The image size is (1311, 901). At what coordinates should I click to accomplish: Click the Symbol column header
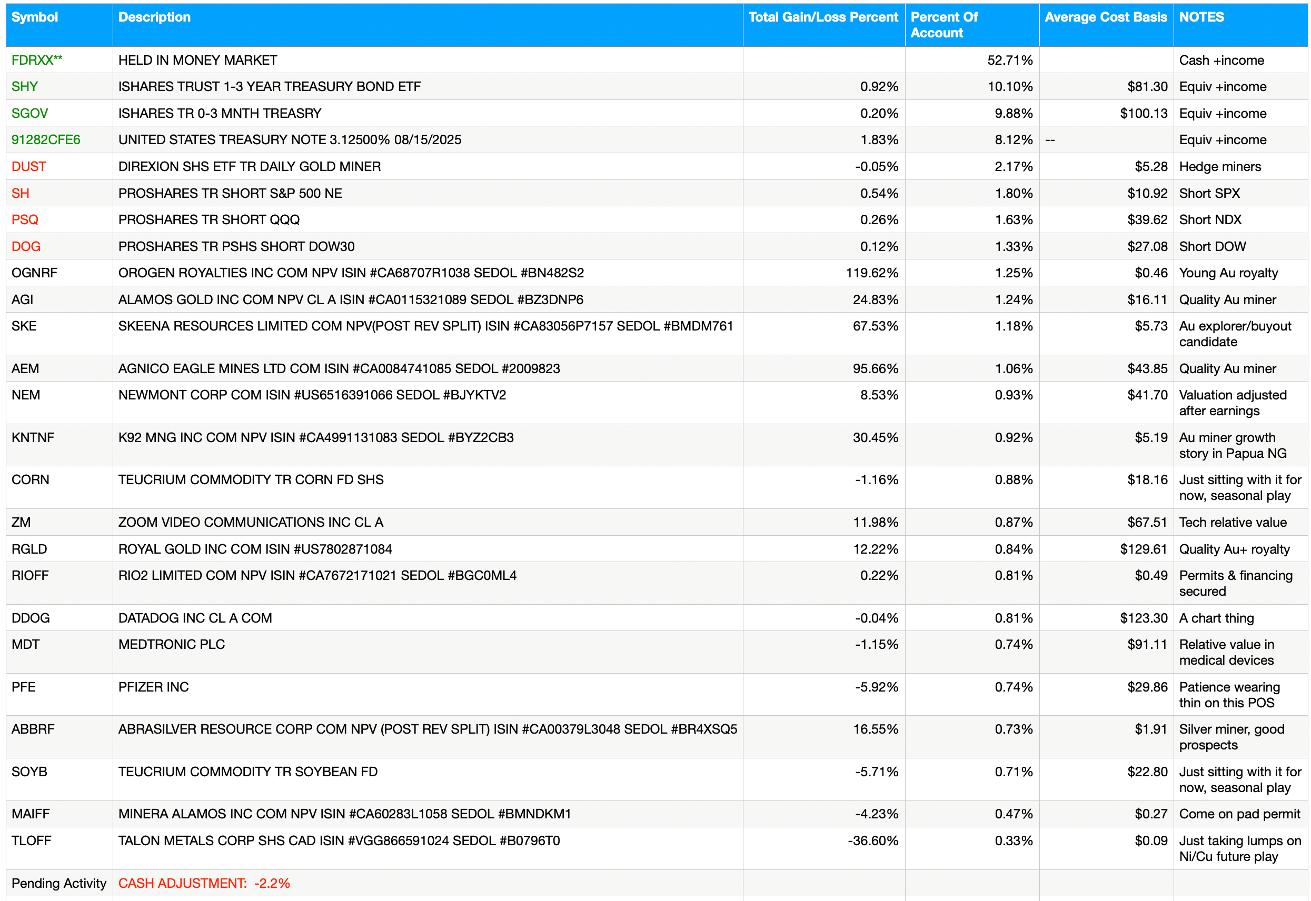(34, 17)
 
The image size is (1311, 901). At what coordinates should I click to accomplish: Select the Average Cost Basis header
(1106, 17)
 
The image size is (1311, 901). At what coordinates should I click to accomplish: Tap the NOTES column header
(1201, 17)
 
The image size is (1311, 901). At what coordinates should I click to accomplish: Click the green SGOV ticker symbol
(29, 114)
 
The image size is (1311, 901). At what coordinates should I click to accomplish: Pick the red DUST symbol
(29, 166)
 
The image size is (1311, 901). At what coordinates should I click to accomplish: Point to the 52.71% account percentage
(1009, 61)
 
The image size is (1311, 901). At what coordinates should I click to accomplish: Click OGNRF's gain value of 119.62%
(872, 273)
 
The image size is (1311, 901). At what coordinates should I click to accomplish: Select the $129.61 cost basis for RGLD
(1144, 549)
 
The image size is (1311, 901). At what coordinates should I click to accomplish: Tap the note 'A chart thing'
(1216, 618)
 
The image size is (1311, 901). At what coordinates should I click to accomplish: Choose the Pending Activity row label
(59, 883)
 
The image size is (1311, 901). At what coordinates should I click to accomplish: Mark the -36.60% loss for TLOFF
(873, 840)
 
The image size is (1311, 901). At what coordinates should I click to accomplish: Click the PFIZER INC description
(154, 687)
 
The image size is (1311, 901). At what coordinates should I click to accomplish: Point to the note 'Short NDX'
(1210, 219)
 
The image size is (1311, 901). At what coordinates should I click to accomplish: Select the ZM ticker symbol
(21, 522)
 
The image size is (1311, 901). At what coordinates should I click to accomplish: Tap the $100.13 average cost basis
(1144, 114)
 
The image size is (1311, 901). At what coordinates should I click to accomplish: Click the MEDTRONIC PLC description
(172, 644)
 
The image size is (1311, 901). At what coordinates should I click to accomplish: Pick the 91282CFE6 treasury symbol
(46, 139)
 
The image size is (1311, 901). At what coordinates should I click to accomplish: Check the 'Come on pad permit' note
(1239, 814)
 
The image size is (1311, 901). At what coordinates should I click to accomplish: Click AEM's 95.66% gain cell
(875, 368)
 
